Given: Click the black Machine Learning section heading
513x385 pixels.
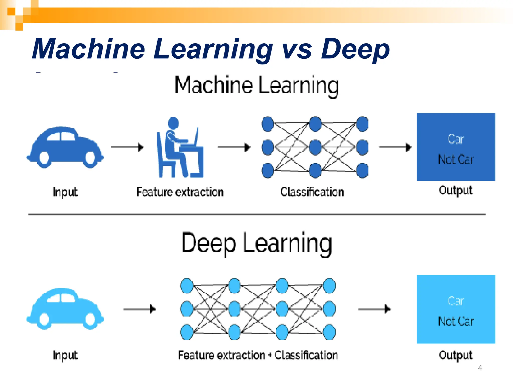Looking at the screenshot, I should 257,85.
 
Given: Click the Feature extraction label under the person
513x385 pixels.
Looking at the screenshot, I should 180,192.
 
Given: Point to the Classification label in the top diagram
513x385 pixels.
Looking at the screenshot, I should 312,192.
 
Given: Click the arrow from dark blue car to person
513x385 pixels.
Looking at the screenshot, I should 127,147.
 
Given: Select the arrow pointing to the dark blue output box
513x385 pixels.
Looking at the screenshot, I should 395,147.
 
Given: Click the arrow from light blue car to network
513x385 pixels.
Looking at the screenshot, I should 139,309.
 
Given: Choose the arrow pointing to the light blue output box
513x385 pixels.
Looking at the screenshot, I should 374,309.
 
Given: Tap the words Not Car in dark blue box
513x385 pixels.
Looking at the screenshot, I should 456,159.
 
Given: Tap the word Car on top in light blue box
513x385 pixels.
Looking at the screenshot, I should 456,301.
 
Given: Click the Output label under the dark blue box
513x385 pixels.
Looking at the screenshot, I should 456,190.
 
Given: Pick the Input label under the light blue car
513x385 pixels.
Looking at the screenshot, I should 65,355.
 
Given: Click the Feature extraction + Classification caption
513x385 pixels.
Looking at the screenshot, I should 258,355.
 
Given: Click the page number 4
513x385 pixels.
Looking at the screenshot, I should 480,368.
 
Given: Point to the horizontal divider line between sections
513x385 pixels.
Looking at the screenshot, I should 257,215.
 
